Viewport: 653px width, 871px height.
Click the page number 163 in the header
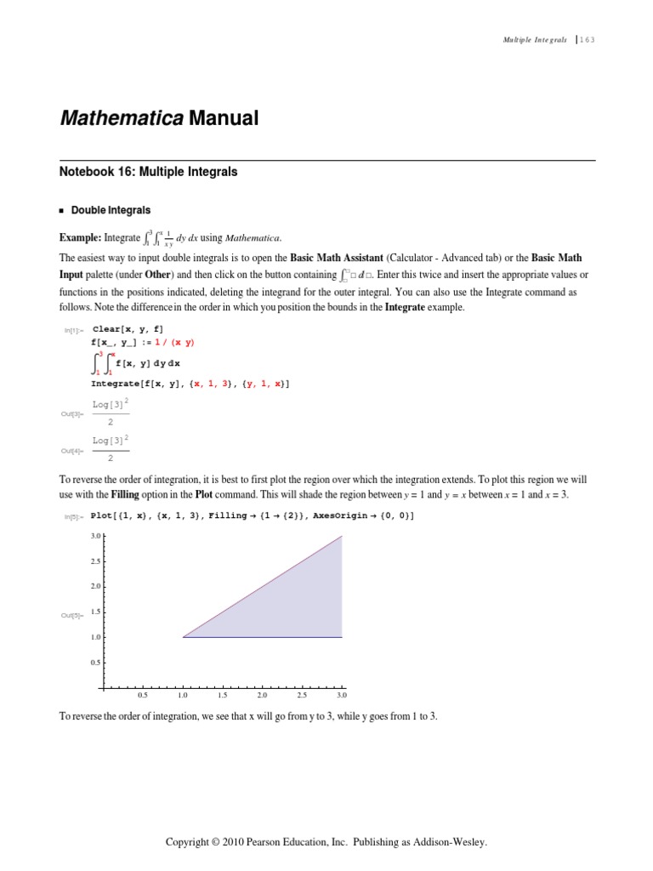(x=588, y=40)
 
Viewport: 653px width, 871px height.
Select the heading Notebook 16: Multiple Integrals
(x=148, y=172)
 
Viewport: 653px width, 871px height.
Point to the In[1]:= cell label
(x=73, y=329)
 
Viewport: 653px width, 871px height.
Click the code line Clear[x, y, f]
(x=128, y=328)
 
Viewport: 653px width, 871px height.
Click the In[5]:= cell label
(x=73, y=517)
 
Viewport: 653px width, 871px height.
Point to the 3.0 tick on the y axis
(x=95, y=536)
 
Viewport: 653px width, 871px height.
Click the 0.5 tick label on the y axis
(x=95, y=662)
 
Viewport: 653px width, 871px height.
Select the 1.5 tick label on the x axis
(x=222, y=696)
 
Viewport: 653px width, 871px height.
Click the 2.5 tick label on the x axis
(x=302, y=696)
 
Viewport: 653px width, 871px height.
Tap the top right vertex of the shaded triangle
(x=342, y=536)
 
